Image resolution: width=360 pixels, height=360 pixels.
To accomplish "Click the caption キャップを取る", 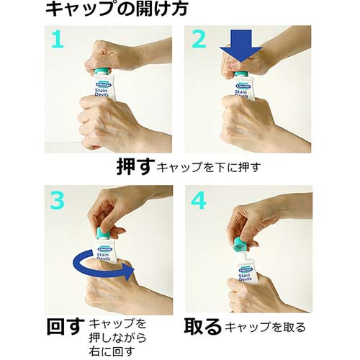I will coord(266,328).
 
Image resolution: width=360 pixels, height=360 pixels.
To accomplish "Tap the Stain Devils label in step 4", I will coord(248,274).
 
